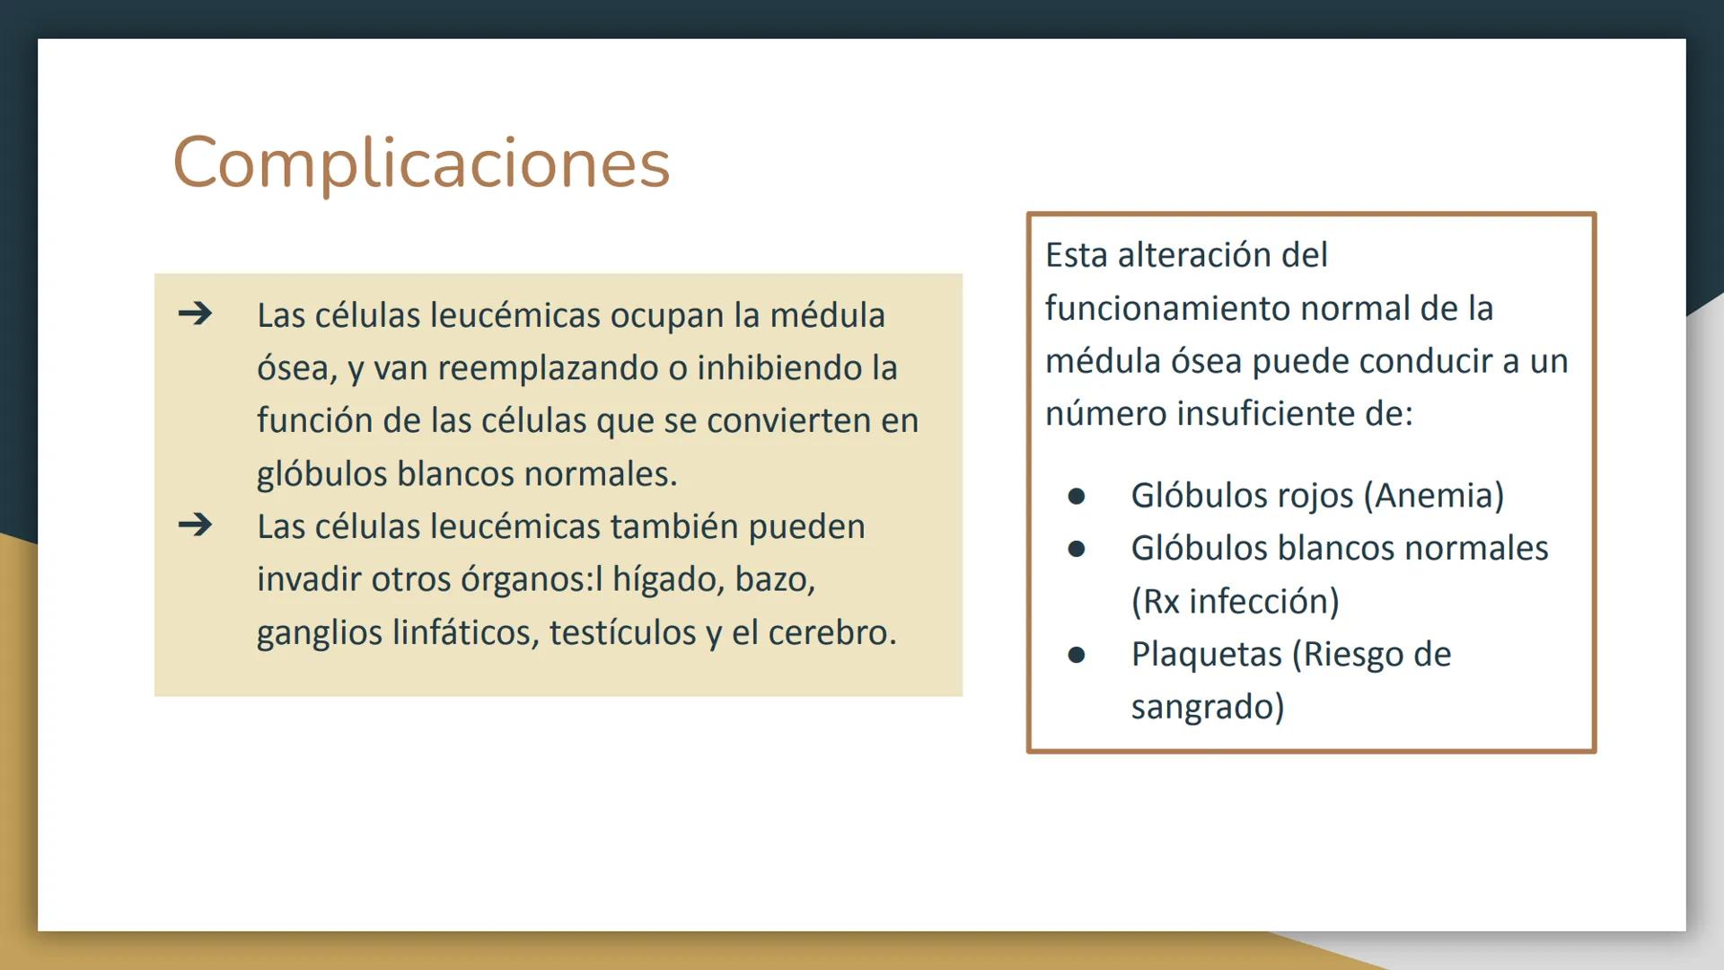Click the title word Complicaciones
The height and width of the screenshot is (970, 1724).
click(421, 163)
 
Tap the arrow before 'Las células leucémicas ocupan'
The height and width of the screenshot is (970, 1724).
click(195, 313)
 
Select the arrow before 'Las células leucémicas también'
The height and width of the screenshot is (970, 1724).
click(195, 525)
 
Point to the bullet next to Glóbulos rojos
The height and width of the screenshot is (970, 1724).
click(1077, 496)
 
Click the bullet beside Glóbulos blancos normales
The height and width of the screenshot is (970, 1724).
click(1077, 549)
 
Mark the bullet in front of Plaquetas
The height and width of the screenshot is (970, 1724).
click(1077, 655)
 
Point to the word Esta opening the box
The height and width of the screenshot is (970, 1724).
click(1076, 255)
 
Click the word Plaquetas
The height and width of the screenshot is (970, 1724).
click(1206, 655)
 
